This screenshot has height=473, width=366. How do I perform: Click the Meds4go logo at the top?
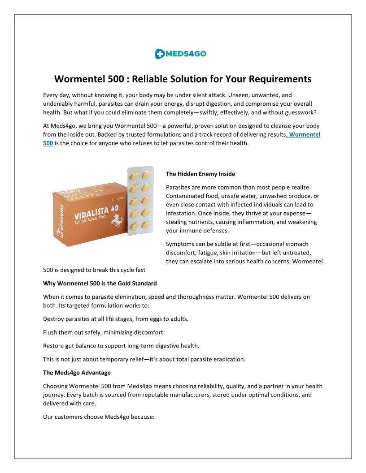click(181, 54)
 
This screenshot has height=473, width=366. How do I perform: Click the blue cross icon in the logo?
click(159, 54)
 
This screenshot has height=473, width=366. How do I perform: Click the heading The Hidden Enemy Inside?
click(200, 174)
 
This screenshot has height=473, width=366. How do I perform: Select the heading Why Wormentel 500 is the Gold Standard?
click(100, 284)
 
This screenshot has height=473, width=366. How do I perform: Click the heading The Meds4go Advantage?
click(77, 373)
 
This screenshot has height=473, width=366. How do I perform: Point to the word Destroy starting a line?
click(54, 319)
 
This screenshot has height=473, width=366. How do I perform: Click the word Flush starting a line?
click(51, 332)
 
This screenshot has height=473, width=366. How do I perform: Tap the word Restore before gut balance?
click(54, 346)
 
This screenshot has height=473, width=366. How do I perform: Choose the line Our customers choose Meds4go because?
click(99, 417)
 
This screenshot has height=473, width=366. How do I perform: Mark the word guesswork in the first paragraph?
click(300, 112)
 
